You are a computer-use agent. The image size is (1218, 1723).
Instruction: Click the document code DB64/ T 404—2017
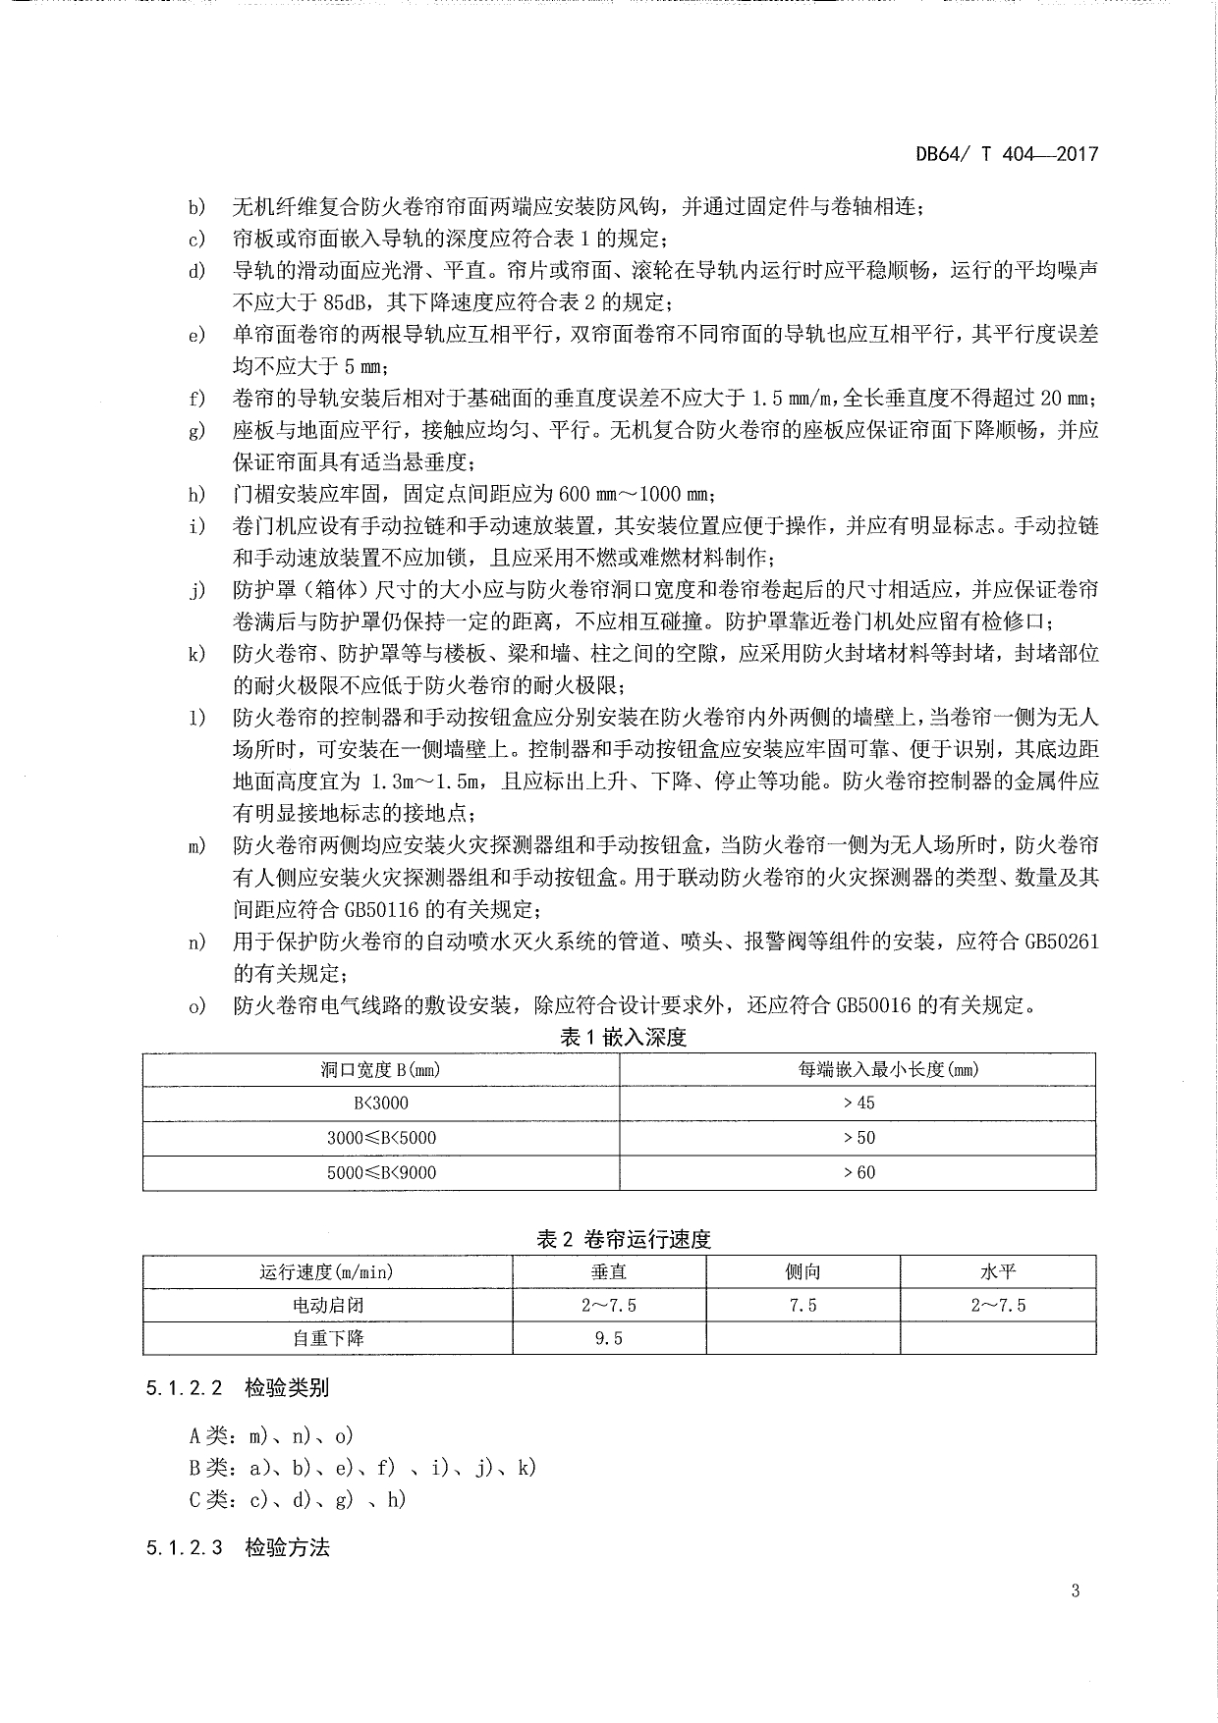(x=1006, y=154)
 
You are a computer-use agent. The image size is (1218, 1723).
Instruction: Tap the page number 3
(x=1076, y=1590)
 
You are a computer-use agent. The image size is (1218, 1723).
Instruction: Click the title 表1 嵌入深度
(x=623, y=1037)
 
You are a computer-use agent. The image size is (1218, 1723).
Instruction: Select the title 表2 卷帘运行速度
(x=623, y=1239)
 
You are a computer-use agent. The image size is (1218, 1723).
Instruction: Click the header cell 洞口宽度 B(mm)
(x=380, y=1069)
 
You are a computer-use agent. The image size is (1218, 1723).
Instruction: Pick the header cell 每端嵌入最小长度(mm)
(x=858, y=1069)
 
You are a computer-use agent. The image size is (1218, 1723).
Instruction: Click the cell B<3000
(x=380, y=1103)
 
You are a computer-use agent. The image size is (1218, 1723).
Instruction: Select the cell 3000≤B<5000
(x=380, y=1138)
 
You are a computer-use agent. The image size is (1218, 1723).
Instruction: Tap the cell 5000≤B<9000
(x=380, y=1172)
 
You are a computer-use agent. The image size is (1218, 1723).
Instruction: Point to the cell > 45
(x=858, y=1103)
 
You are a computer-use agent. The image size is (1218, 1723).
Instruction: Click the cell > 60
(x=858, y=1172)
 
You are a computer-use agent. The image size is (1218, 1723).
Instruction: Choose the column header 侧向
(x=803, y=1271)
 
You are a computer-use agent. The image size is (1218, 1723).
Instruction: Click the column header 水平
(x=998, y=1271)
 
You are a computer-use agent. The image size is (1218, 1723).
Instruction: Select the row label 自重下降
(x=327, y=1337)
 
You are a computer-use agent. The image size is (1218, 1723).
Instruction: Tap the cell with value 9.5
(x=609, y=1337)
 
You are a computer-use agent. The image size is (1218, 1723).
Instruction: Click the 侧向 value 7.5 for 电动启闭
(x=803, y=1305)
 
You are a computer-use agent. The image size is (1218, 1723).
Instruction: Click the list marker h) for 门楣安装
(x=197, y=494)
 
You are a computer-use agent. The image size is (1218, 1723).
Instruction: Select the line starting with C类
(x=298, y=1499)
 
